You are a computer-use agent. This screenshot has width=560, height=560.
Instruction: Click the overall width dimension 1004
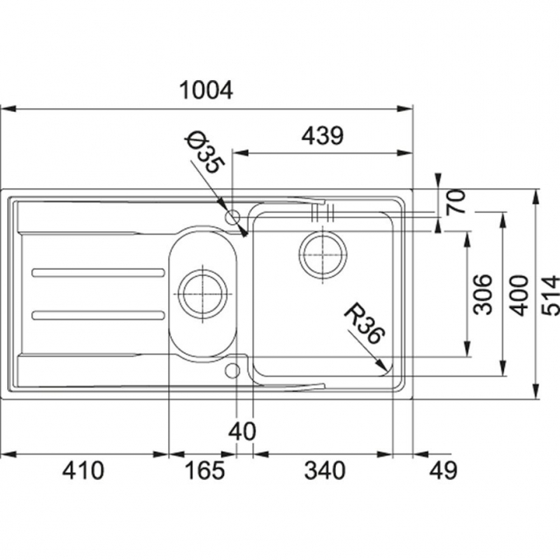[206, 90]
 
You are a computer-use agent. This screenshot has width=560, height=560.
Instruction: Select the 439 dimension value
[322, 135]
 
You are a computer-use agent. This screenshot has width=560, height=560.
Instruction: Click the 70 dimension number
[456, 202]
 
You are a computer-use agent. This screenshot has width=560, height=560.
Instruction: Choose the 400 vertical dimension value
[518, 295]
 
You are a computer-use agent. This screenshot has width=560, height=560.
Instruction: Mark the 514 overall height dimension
[550, 295]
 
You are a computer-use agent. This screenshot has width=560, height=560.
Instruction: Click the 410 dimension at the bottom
[83, 470]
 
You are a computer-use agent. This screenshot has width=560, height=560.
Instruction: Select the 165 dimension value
[205, 470]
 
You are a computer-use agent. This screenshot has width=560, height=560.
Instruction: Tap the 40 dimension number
[242, 431]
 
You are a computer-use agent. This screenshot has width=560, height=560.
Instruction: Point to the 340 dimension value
[325, 470]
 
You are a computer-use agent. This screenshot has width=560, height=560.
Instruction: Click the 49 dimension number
[443, 470]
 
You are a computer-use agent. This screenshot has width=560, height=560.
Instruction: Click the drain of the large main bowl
[323, 254]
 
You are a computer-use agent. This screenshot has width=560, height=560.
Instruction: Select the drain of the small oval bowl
[202, 294]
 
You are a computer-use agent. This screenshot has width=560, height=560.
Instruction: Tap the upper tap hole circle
[233, 217]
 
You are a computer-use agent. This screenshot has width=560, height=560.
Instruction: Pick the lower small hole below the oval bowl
[233, 370]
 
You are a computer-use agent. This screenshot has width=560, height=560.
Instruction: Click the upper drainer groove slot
[98, 273]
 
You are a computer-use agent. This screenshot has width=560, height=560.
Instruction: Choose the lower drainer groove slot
[98, 315]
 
